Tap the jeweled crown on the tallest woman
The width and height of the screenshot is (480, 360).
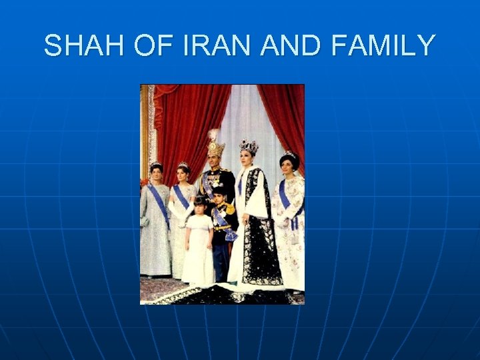[x=249, y=146]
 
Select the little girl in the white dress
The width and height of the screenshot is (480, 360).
[x=198, y=243]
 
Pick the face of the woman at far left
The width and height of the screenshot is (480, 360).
[x=156, y=175]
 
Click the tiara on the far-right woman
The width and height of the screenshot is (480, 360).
[x=289, y=155]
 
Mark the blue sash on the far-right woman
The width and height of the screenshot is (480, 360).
[x=287, y=200]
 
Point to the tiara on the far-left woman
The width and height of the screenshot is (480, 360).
[x=156, y=165]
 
